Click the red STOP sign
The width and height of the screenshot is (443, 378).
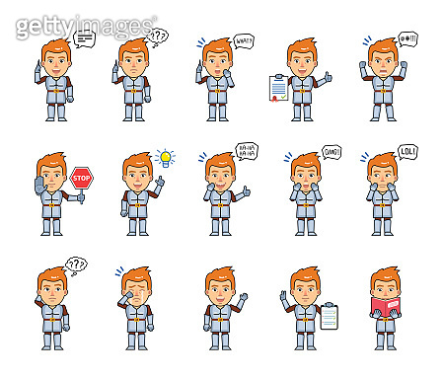80,178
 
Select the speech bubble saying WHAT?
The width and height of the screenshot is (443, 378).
244,41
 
